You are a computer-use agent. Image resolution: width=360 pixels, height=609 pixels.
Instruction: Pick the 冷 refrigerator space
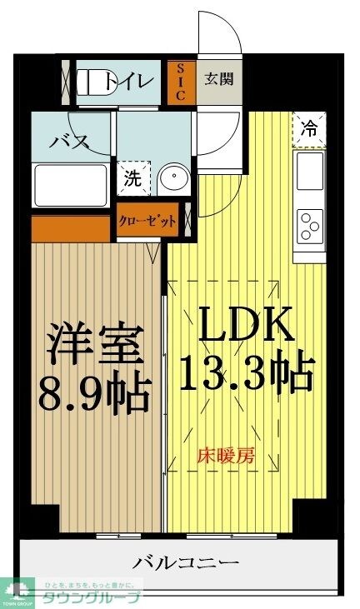308,130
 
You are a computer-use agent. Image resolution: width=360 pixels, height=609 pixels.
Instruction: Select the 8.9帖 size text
93,389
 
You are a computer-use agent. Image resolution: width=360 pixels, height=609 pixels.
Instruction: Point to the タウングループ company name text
92,597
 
